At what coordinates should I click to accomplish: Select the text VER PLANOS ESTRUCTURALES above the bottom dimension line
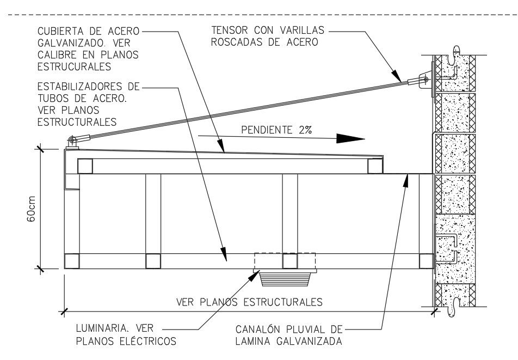[x=249, y=301]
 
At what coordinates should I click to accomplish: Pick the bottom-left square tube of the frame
[x=72, y=261]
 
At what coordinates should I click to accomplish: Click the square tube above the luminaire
[x=289, y=261]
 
